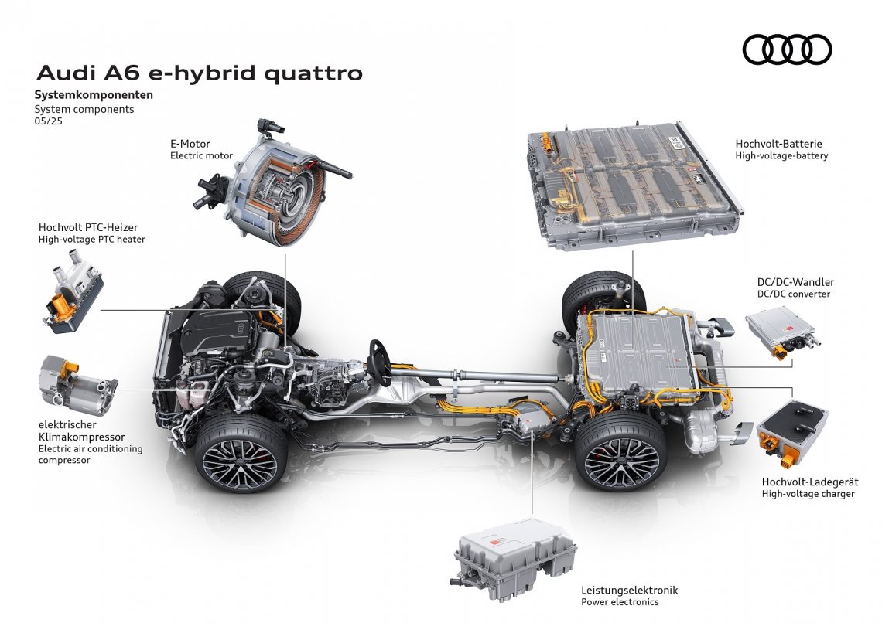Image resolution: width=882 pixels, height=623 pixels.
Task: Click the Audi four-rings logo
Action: (x=787, y=49)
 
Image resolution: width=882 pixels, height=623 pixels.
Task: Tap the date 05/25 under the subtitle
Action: (x=48, y=121)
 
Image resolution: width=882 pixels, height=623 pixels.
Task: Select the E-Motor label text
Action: (x=190, y=144)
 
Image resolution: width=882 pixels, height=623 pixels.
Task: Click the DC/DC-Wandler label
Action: (x=795, y=282)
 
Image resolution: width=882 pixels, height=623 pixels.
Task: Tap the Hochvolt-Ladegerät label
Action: (x=809, y=482)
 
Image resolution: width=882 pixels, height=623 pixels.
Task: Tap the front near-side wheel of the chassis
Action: (x=240, y=455)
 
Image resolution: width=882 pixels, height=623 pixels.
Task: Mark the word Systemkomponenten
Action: (x=94, y=95)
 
